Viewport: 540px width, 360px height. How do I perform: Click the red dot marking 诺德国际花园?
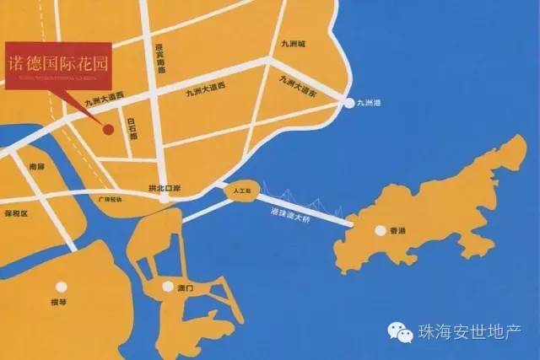108,129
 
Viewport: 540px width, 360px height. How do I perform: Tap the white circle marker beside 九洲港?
349,104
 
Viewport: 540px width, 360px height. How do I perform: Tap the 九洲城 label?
297,43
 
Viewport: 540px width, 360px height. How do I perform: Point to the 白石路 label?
131,129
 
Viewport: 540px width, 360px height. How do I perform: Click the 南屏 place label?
35,167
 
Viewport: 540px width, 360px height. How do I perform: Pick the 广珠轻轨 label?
110,200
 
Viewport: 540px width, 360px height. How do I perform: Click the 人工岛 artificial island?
240,191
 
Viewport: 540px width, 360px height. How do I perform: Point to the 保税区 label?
16,214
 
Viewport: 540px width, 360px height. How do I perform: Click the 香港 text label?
397,229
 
